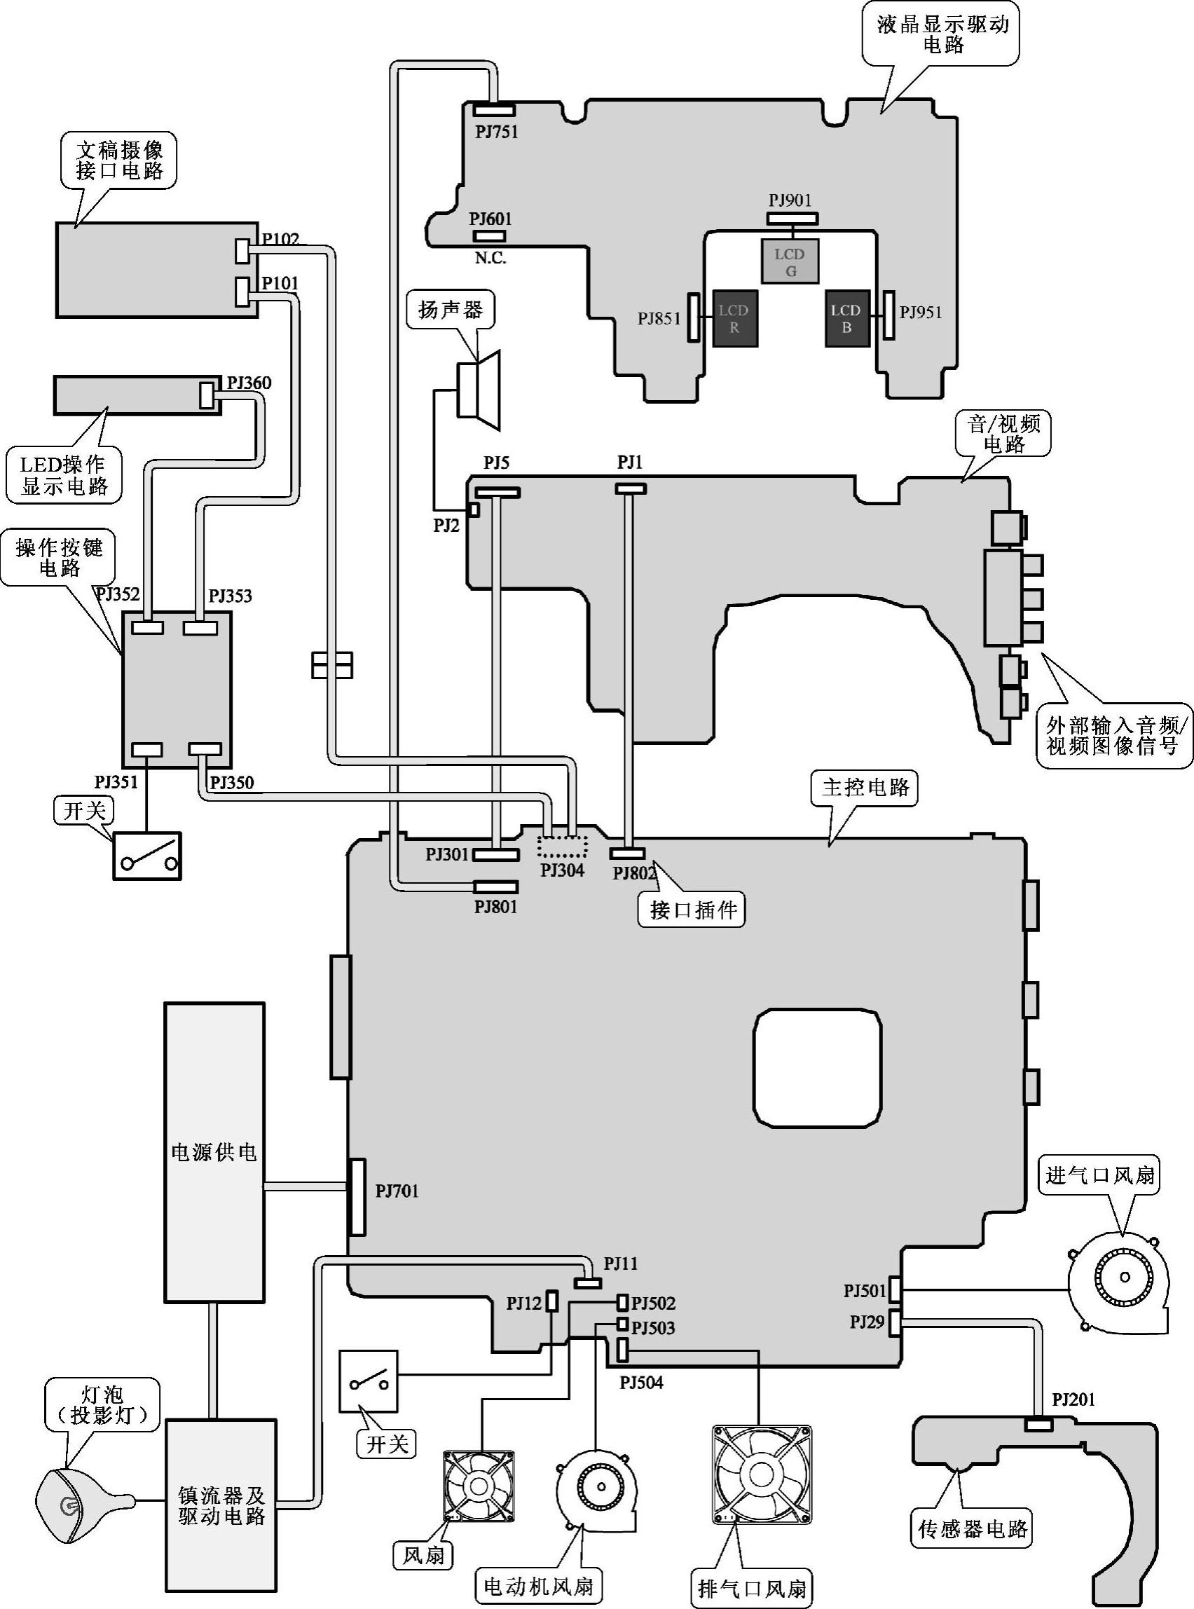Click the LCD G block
[x=789, y=261]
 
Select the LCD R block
[x=734, y=318]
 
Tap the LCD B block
[x=846, y=318]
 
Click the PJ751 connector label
[x=497, y=132]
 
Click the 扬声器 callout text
[x=451, y=310]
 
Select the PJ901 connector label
[x=790, y=200]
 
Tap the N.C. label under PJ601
[x=490, y=258]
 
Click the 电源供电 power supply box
[x=214, y=1152]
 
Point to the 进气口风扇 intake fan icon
[x=1119, y=1278]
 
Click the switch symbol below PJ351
[x=147, y=856]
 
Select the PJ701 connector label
[x=397, y=1191]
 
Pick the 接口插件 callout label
[x=692, y=910]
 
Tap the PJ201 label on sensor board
[x=1073, y=1400]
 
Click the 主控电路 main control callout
[x=865, y=787]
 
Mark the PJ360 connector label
[x=249, y=383]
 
